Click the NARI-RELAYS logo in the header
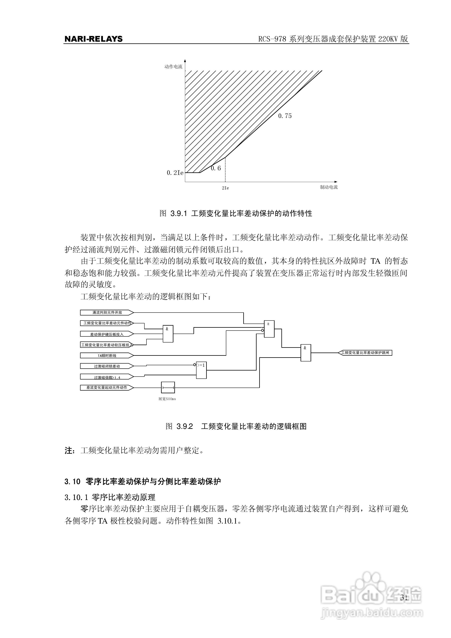coord(93,39)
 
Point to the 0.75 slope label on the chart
coord(285,116)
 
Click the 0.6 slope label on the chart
coord(216,168)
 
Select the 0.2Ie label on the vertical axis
coord(175,173)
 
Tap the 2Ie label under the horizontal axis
coord(225,188)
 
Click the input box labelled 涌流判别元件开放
coord(107,313)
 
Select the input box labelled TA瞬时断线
coord(107,355)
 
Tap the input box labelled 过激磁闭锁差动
coord(107,366)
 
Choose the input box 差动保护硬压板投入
coord(107,334)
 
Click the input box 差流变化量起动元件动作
coord(107,387)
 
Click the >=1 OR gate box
coord(201,370)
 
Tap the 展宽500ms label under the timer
coord(167,399)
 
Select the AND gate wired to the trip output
coord(306,353)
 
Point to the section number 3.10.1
coord(76,497)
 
